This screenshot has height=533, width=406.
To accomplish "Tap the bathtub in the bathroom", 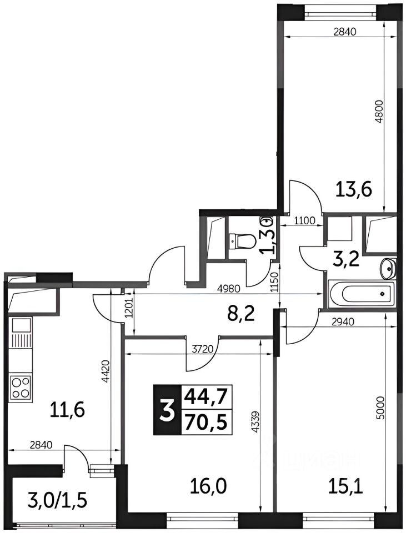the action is tap(362, 294).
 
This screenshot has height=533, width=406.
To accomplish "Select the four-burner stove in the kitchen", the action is tap(21, 387).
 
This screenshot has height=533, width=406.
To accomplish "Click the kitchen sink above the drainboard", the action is tap(22, 325).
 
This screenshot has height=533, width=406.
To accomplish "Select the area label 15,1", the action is tap(345, 487).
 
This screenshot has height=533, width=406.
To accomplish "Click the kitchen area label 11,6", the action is tap(67, 409).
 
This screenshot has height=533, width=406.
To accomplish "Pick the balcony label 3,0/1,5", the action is tap(58, 501).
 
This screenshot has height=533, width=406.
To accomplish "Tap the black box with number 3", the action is tap(167, 410).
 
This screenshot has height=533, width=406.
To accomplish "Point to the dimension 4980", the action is tap(229, 289).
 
